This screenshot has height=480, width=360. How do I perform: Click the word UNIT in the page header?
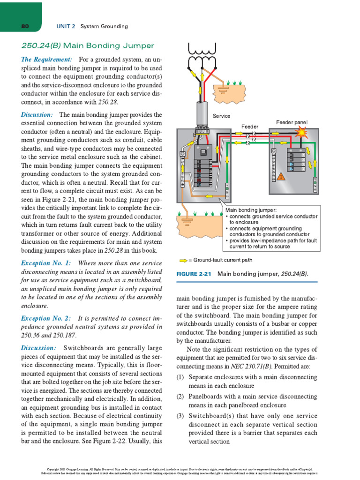[63, 26]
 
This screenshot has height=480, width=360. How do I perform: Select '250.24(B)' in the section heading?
[41, 45]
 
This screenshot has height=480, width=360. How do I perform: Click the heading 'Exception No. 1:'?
[46, 263]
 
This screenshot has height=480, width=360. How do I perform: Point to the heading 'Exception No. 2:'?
[46, 318]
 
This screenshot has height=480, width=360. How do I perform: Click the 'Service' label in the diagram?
[221, 116]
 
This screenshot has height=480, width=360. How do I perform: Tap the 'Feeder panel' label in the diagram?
[292, 122]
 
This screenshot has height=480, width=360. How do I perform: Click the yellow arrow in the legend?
[183, 259]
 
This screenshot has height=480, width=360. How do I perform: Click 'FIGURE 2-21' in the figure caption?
[195, 274]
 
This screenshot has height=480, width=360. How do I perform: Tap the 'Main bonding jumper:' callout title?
[251, 210]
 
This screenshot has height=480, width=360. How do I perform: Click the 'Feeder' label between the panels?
[250, 127]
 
